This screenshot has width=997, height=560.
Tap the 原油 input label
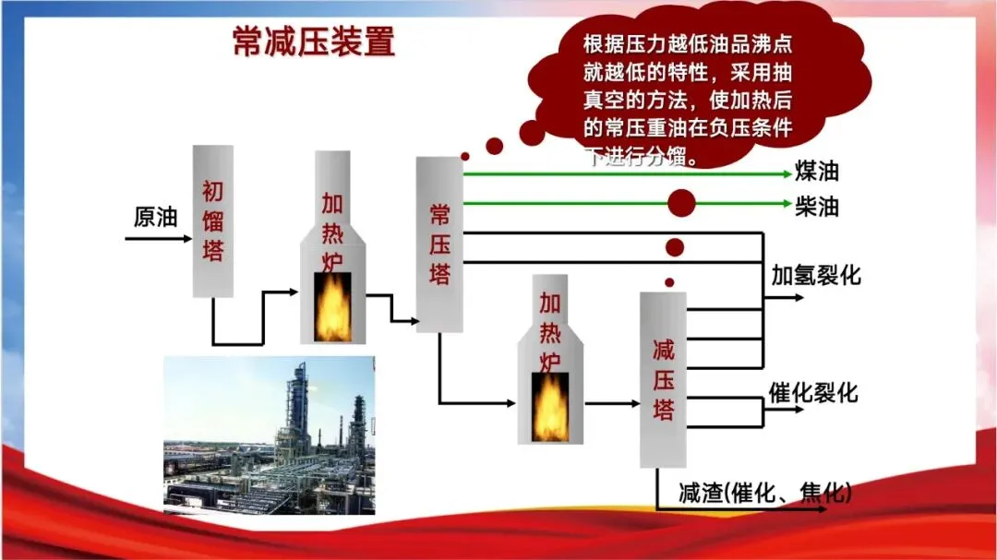(154, 218)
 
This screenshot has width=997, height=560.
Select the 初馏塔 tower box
(212, 221)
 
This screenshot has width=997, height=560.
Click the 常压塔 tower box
(438, 244)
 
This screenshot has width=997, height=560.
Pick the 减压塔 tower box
(663, 378)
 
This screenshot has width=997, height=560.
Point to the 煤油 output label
(817, 173)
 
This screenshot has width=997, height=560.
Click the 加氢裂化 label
(816, 274)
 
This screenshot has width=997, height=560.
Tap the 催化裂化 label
(813, 393)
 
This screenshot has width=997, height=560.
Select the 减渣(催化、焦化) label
(764, 493)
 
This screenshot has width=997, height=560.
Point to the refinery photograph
(270, 434)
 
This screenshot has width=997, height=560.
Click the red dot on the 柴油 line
(682, 203)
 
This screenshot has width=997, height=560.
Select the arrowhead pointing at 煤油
(786, 173)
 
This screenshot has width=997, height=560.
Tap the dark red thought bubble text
(688, 97)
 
